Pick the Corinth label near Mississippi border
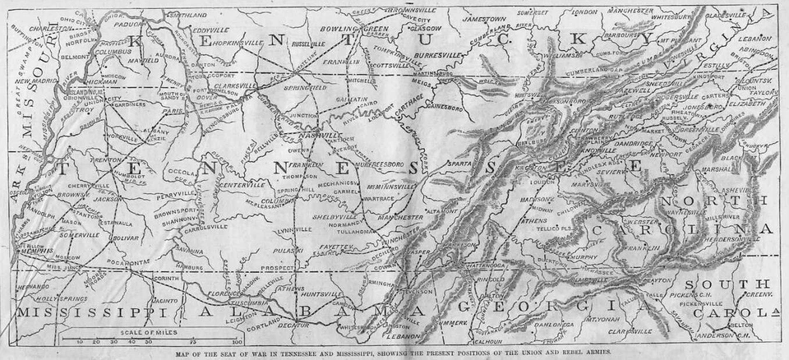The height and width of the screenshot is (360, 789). click(x=165, y=279)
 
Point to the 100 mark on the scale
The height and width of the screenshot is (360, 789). click(x=237, y=340)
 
